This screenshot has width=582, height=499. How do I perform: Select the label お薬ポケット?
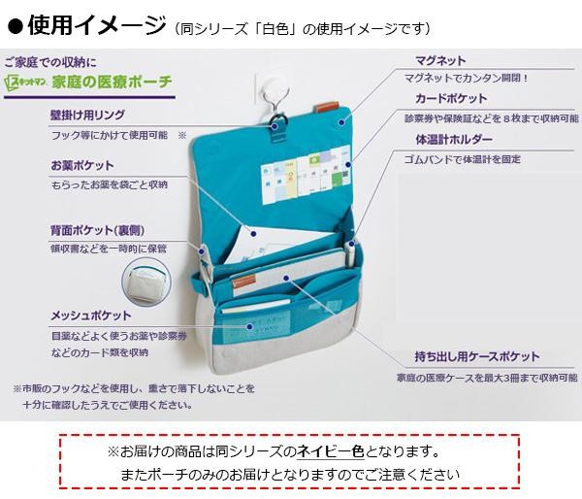pyautogui.click(x=81, y=166)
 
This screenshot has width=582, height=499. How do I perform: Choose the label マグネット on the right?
pyautogui.click(x=440, y=61)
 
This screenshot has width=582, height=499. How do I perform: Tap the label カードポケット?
pyautogui.click(x=451, y=99)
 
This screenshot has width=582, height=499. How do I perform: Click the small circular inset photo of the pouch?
pyautogui.click(x=147, y=285)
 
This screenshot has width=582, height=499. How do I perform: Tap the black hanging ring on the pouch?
pyautogui.click(x=278, y=125)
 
